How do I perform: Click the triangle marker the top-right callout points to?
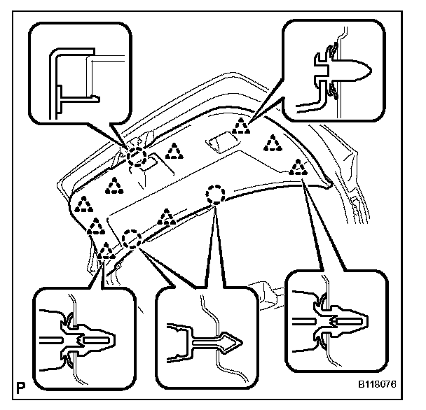coord(241,126)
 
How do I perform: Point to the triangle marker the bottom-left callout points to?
coord(105,251)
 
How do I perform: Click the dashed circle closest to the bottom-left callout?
coord(130,239)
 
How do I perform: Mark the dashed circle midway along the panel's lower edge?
coord(214,194)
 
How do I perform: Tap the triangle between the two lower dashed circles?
coord(166,218)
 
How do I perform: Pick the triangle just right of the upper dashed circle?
coord(173,150)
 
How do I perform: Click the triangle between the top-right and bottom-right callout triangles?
coord(272,143)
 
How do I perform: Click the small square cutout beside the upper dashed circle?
coord(148,167)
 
